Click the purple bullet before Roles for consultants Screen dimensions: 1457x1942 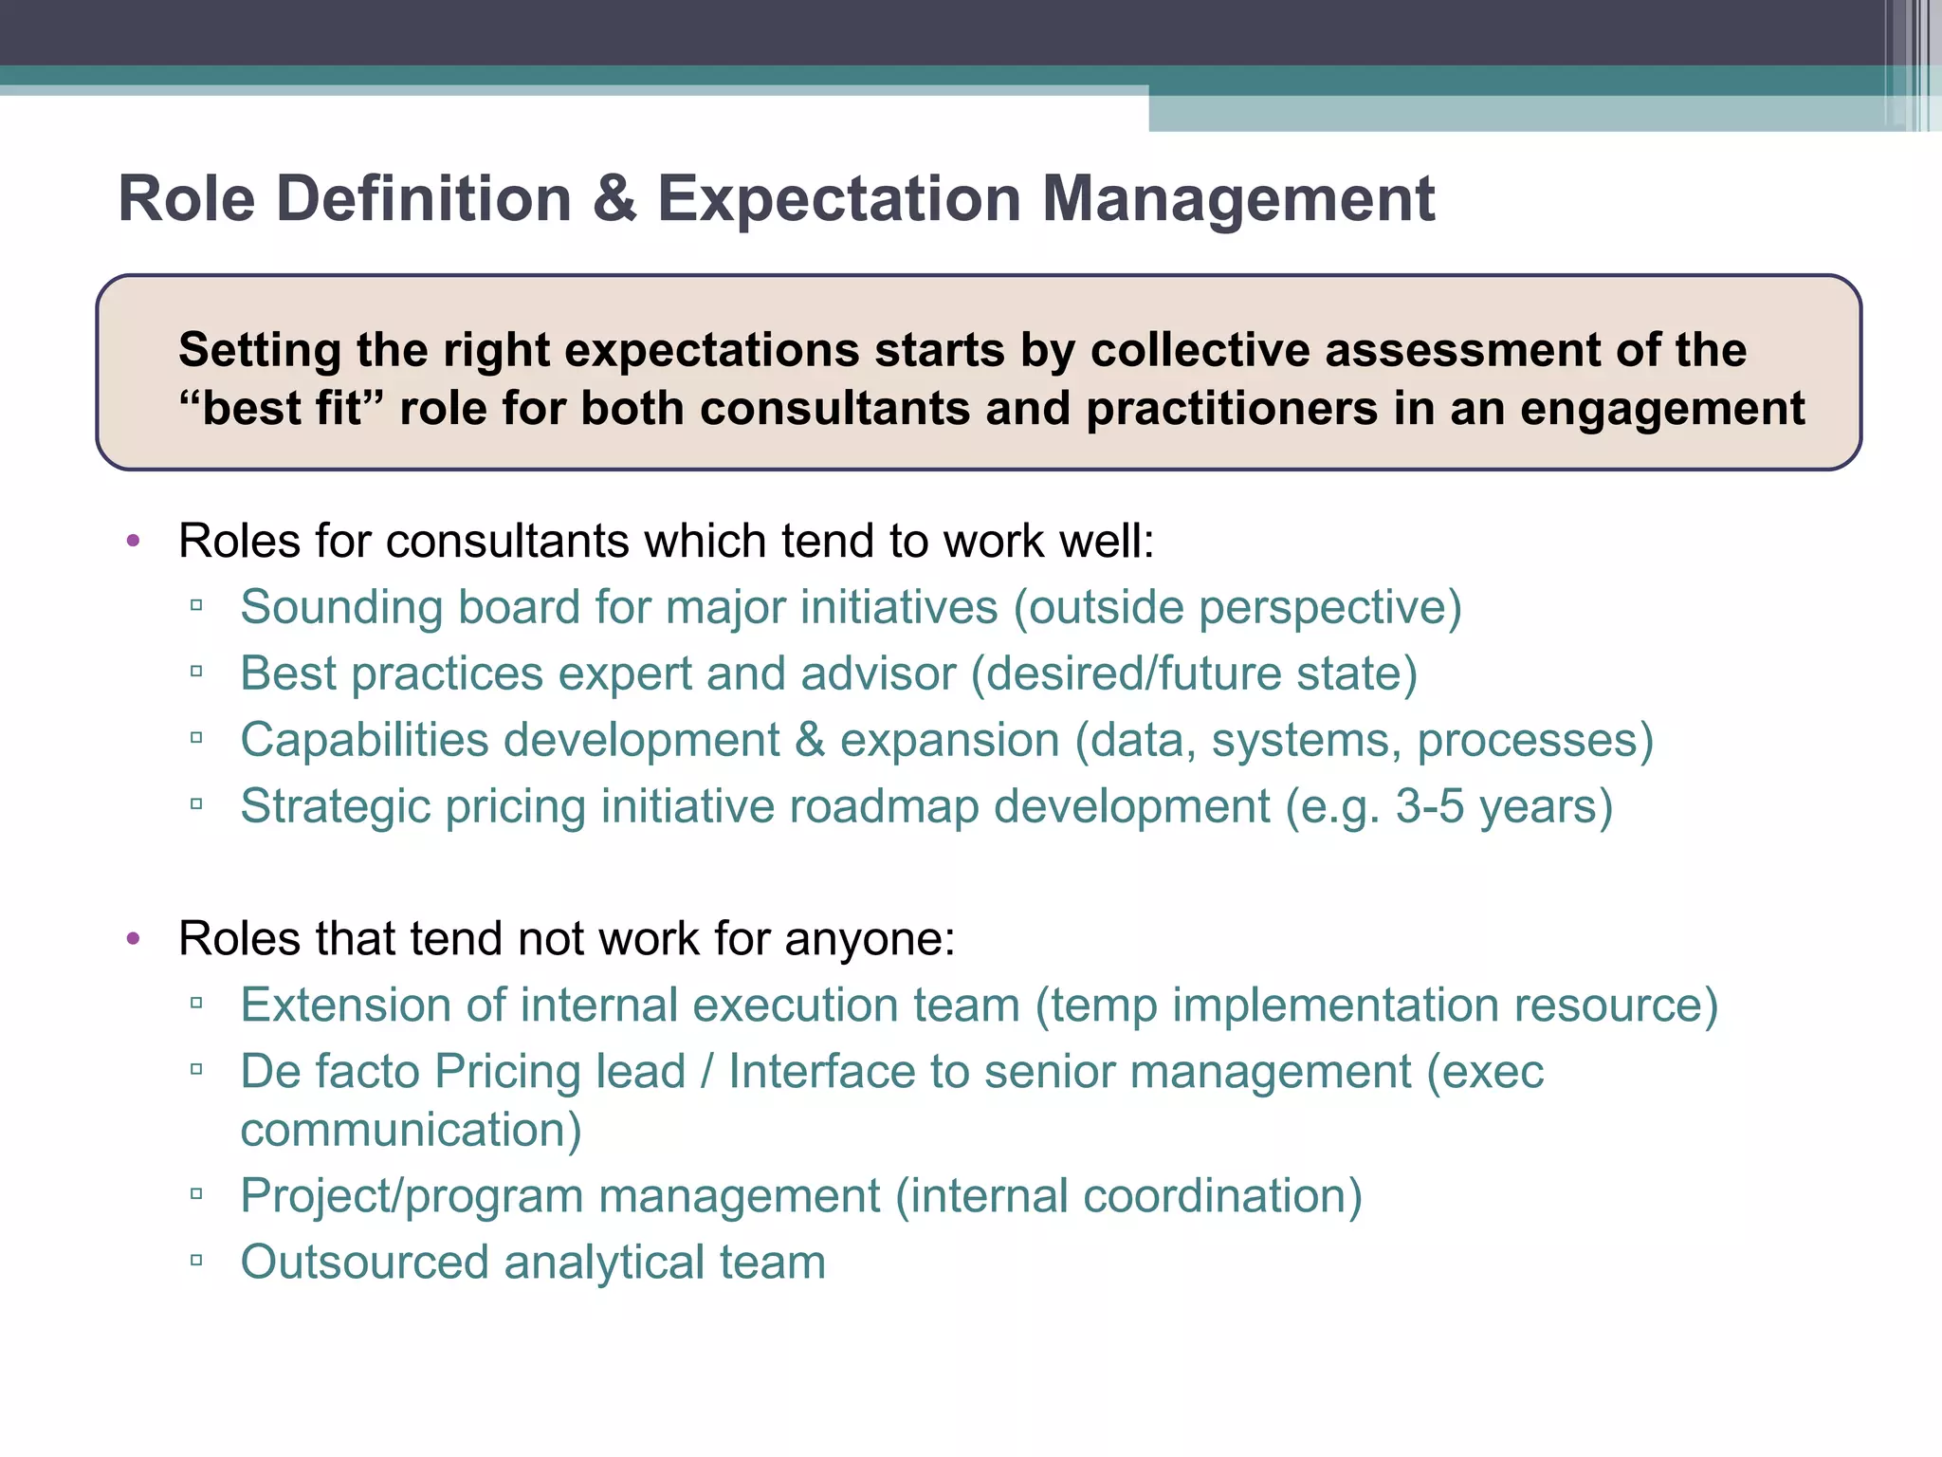click(x=134, y=541)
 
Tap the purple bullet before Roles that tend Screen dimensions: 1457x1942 click(x=134, y=939)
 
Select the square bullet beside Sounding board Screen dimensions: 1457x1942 click(x=196, y=605)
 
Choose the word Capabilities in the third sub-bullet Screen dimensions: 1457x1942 click(x=365, y=740)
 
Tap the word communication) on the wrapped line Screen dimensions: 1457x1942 click(x=411, y=1130)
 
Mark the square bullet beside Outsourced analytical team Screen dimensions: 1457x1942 click(x=196, y=1261)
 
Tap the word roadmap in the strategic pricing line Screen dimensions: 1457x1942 click(x=884, y=806)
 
